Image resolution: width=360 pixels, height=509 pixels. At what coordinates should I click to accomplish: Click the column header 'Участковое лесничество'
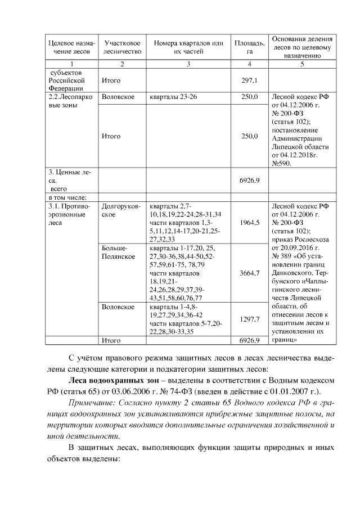(x=122, y=47)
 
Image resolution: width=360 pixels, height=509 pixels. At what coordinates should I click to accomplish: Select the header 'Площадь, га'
(x=250, y=47)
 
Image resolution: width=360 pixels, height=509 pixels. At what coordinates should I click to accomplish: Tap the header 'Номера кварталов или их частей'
(x=188, y=47)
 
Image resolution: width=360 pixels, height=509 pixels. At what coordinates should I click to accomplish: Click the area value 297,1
(x=249, y=80)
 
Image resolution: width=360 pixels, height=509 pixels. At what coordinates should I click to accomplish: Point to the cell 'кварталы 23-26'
(x=173, y=97)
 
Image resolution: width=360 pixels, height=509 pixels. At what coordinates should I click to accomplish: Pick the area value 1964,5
(x=249, y=223)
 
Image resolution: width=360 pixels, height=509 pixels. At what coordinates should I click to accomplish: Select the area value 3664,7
(x=249, y=273)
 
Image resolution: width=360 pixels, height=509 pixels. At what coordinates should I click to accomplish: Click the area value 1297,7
(x=249, y=319)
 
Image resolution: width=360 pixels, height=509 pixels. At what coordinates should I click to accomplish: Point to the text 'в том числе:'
(x=67, y=197)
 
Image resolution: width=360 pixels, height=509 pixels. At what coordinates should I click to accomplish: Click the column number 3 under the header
(x=188, y=64)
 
